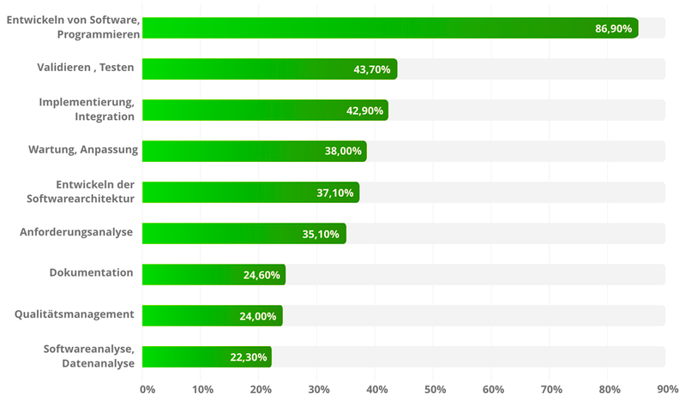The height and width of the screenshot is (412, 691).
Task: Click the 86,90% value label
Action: (x=613, y=28)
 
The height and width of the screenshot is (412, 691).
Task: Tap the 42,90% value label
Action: (x=363, y=110)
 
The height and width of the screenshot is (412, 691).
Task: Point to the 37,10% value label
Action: (x=334, y=193)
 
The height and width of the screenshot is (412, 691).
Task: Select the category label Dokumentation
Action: (x=91, y=272)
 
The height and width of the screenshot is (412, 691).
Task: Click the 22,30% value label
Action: (x=247, y=357)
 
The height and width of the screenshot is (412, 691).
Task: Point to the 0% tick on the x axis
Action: (x=147, y=390)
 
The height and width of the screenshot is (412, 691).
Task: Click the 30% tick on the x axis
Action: (x=319, y=390)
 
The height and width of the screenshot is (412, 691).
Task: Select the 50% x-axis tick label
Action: (x=435, y=390)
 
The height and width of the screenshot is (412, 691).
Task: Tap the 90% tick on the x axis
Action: (x=667, y=390)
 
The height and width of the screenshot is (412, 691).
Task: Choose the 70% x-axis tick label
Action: (x=550, y=390)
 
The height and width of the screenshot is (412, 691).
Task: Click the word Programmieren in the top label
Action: (x=98, y=34)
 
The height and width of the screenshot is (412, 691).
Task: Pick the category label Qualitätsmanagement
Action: (x=74, y=313)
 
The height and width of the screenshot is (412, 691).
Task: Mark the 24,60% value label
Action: (x=261, y=275)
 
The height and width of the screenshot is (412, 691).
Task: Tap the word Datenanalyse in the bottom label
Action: (x=98, y=363)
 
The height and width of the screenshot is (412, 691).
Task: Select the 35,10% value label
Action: (x=321, y=234)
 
